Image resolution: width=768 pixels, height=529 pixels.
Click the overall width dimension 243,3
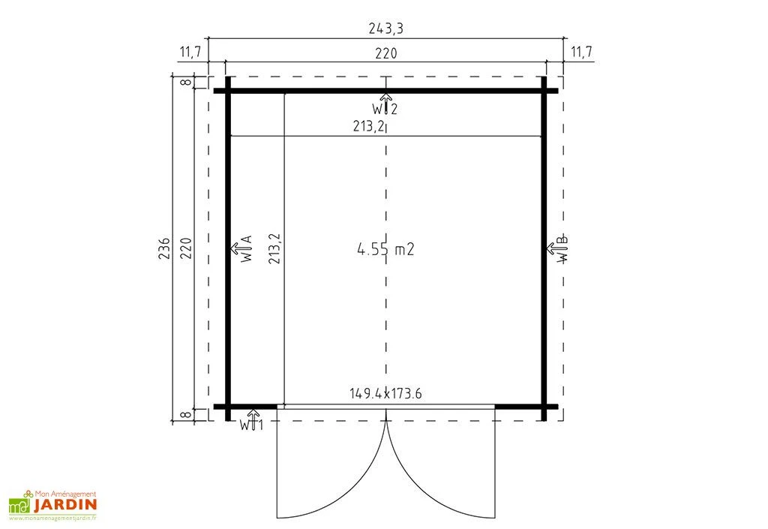coord(385,29)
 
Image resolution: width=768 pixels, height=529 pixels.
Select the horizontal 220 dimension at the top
coord(385,53)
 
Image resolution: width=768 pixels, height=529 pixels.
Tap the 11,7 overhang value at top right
coord(581,53)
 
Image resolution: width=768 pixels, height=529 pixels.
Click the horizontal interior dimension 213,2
coord(369,127)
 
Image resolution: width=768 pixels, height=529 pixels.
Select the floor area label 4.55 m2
coord(385,250)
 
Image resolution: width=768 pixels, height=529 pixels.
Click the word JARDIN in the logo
coord(64,504)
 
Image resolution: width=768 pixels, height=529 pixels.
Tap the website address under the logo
coord(53,518)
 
